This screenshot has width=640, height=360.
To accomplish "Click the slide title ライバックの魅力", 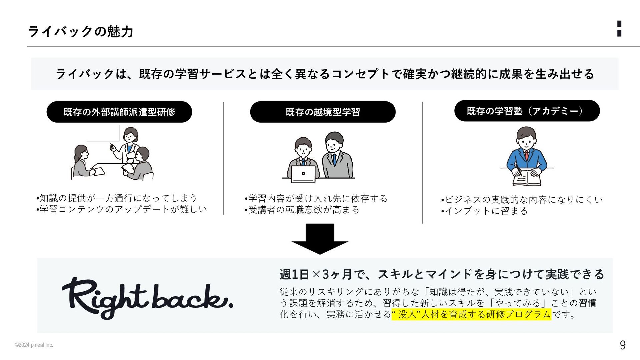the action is (81, 32).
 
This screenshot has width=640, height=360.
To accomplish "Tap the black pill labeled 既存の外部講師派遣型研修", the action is (119, 112).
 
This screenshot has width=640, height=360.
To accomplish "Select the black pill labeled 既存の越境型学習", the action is (322, 112).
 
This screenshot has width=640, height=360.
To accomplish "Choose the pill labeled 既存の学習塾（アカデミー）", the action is (527, 111).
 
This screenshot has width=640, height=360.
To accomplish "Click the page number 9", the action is (622, 345).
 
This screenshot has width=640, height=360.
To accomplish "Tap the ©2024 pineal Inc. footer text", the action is (34, 345).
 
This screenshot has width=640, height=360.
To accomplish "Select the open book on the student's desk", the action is (527, 178).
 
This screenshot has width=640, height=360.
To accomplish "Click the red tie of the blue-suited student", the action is (527, 155).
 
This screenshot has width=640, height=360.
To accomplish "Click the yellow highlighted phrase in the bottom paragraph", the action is (471, 314).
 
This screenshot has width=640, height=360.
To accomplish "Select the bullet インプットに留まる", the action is (485, 211).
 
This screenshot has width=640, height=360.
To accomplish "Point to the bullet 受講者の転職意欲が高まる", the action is (303, 210).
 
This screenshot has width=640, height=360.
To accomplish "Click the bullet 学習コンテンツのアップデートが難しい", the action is (122, 209).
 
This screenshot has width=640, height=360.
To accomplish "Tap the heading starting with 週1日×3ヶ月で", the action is (442, 274).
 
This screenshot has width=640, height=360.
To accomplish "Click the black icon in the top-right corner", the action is (619, 29).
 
